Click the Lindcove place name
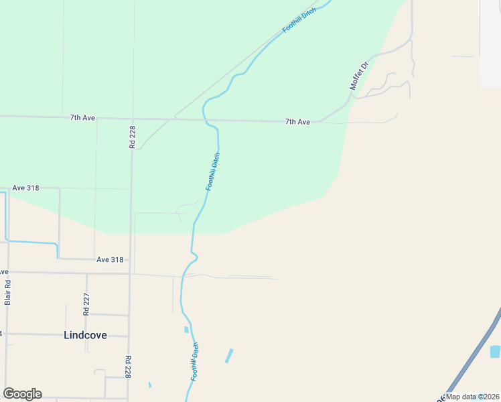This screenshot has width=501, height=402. [x=85, y=335]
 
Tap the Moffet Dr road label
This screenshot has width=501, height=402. [x=360, y=76]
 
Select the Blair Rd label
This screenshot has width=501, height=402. [x=8, y=292]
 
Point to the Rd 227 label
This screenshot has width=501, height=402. [x=86, y=304]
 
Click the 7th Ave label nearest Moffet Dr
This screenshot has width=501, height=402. [x=297, y=122]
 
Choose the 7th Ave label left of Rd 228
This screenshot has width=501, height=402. [x=82, y=118]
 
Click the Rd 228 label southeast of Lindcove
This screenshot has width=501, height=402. [x=127, y=367]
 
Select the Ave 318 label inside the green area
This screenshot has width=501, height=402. [x=25, y=188]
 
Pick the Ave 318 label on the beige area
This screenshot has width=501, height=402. [x=110, y=259]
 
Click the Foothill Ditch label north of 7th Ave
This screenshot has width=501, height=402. [x=299, y=19]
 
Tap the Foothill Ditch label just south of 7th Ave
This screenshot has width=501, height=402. [x=213, y=172]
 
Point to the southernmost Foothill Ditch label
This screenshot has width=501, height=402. [x=195, y=362]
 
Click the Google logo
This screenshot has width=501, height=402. [x=22, y=394]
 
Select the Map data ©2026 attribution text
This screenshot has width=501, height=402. [x=472, y=397]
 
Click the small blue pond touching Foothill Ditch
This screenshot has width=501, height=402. [x=186, y=329]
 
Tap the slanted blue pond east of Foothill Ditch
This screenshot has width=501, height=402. [x=229, y=356]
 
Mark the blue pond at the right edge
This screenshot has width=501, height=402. [x=496, y=351]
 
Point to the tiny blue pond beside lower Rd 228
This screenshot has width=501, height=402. [x=149, y=385]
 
